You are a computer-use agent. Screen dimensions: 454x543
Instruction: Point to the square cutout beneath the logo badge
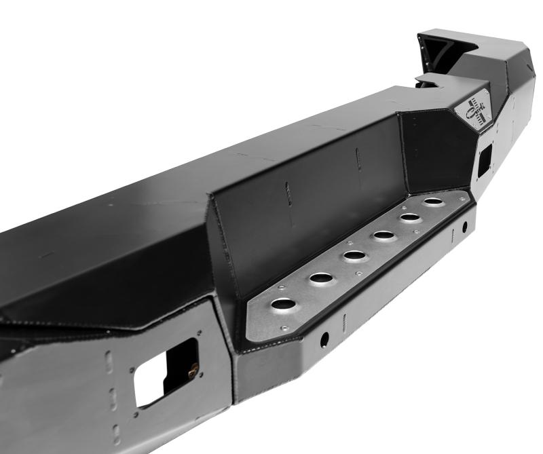click(x=485, y=157)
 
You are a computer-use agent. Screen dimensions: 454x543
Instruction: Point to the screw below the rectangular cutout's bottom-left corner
click(x=138, y=415)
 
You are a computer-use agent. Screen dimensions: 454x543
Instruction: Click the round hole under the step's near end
click(x=325, y=337)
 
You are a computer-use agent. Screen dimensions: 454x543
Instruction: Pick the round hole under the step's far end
click(x=465, y=226)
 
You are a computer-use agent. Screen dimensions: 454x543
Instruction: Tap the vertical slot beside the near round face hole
click(x=345, y=318)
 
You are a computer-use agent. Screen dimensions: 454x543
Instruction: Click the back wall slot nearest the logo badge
click(x=358, y=160)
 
